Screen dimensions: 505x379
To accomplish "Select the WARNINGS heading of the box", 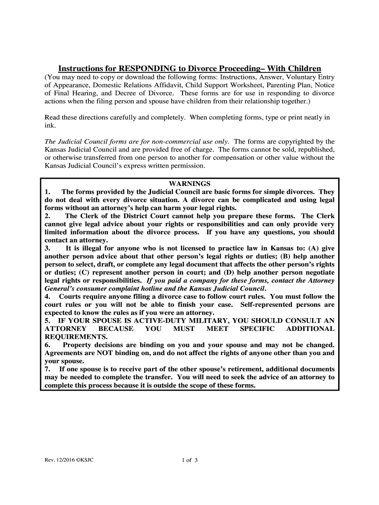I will pyautogui.click(x=189, y=183).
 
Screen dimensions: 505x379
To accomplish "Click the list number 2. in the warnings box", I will pyautogui.click(x=48, y=216).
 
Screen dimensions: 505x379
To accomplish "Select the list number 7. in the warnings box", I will pyautogui.click(x=48, y=369).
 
